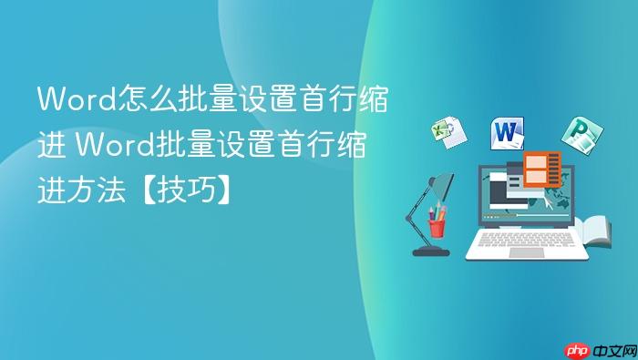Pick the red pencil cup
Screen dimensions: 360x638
click(x=437, y=226)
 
